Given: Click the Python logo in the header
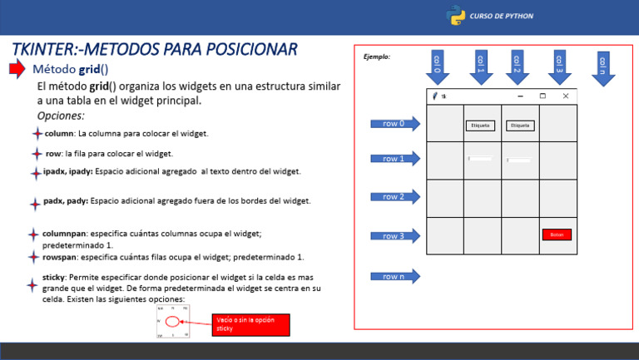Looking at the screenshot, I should coord(455,16).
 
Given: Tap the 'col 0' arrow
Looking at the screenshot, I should coord(438,66).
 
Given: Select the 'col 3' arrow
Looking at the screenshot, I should coord(559,66).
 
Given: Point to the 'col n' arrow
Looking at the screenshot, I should coord(603,66).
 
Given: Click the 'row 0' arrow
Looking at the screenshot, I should coord(395,124).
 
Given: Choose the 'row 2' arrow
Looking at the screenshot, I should coord(395,197).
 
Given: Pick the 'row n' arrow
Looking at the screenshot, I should coord(395,276).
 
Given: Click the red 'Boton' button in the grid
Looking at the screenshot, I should coord(557,235).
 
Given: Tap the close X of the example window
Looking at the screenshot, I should coord(566,96).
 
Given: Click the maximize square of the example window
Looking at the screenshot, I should coord(542,96).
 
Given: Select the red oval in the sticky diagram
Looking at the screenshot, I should coord(172,321).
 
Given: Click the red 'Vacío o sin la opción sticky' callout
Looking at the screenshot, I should coord(251,324).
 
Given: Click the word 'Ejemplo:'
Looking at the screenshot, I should coord(377,57).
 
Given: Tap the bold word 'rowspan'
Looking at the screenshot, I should coord(60,257).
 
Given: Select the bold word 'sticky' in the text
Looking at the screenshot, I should coord(54,277).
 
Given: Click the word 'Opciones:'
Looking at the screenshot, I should coord(61,116).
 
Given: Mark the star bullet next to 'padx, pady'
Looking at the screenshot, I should coord(35,203).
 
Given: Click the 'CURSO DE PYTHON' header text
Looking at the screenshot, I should coord(502,16).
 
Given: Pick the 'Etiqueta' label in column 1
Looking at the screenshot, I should coord(480,126).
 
